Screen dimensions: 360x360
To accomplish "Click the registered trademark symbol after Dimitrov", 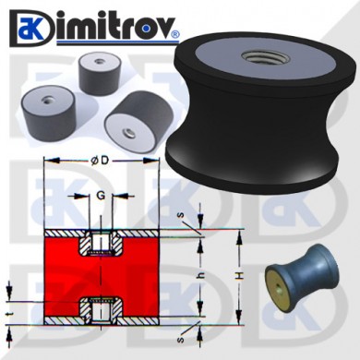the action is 174,34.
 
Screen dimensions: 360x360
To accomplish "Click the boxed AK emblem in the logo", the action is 29,28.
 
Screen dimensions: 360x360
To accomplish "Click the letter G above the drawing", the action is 101,196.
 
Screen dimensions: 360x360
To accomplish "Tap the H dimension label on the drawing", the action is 241,276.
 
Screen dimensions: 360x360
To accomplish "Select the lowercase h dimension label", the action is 201,276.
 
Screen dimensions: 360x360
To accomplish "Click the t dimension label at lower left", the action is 9,314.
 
